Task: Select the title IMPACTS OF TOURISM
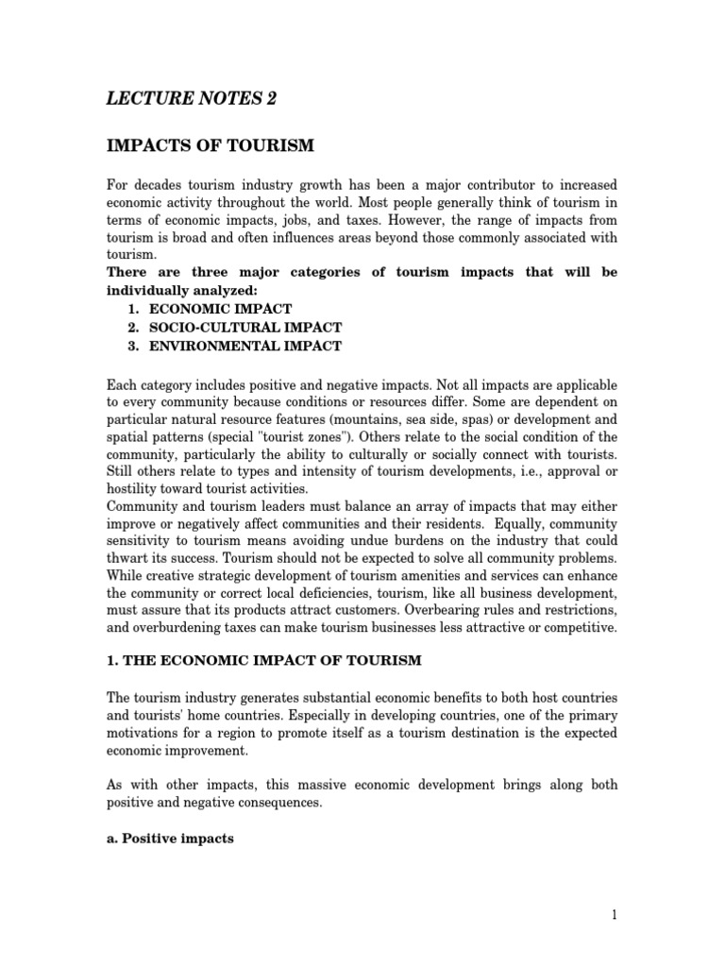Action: click(209, 145)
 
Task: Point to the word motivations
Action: click(143, 732)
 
